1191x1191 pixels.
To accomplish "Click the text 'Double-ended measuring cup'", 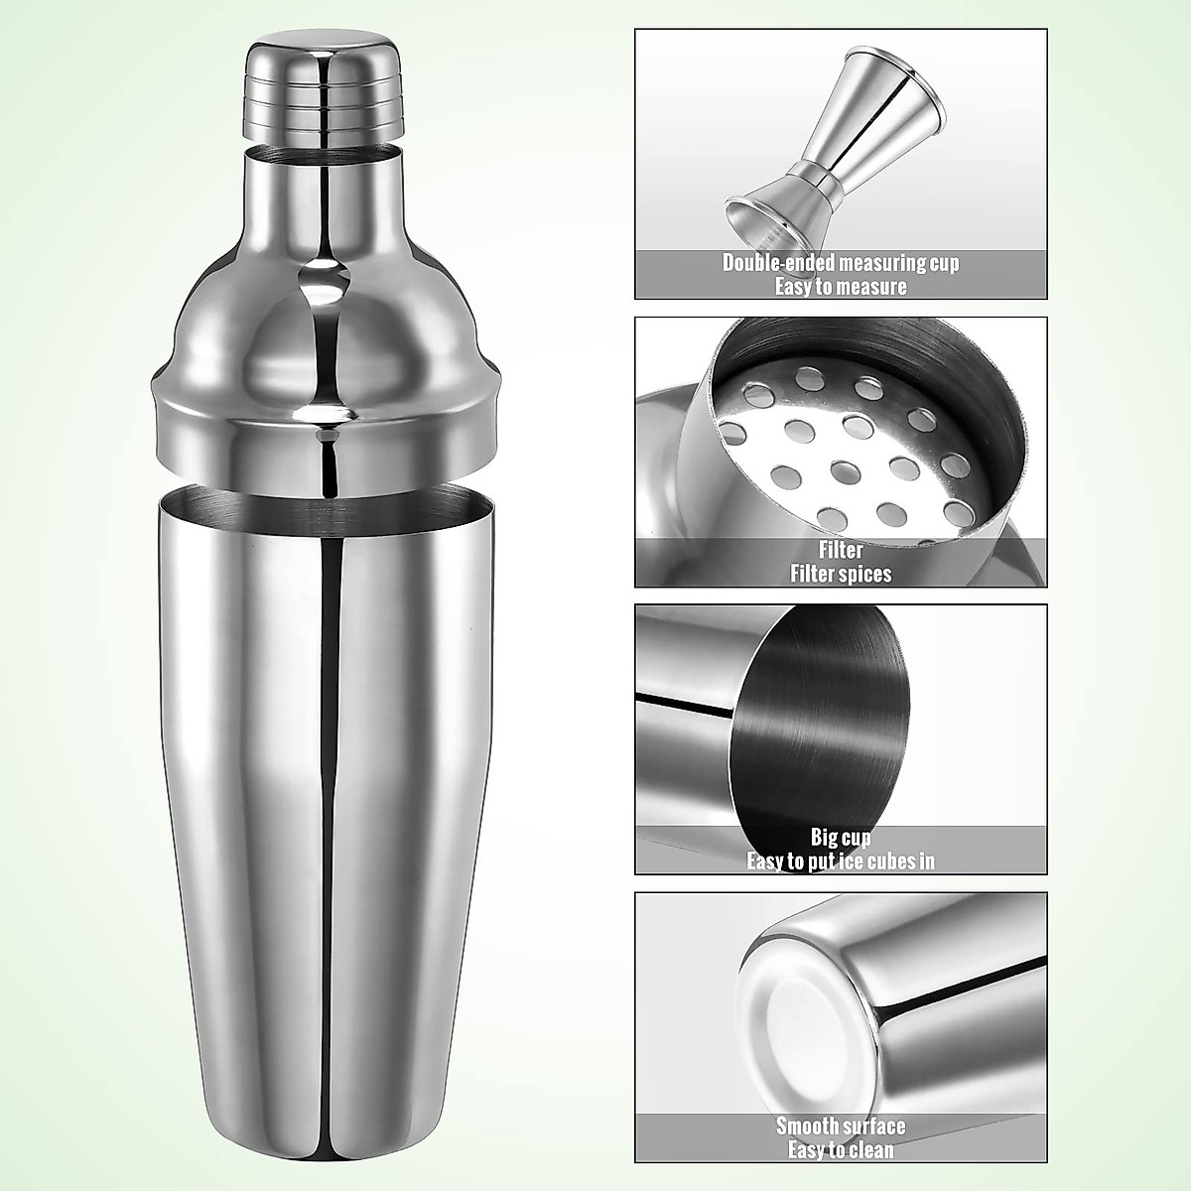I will tap(841, 264).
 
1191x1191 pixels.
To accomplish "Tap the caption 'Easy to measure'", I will tap(841, 287).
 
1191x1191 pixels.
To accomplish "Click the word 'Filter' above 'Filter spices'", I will tap(841, 550).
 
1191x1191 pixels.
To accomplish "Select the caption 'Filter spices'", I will tap(841, 574).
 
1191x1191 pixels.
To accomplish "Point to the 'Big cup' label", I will tap(841, 838).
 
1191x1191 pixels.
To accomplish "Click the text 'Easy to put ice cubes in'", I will tap(841, 860).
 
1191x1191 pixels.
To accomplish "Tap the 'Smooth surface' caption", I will tap(841, 1125).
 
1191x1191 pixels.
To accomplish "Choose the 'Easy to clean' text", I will tap(841, 1149).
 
